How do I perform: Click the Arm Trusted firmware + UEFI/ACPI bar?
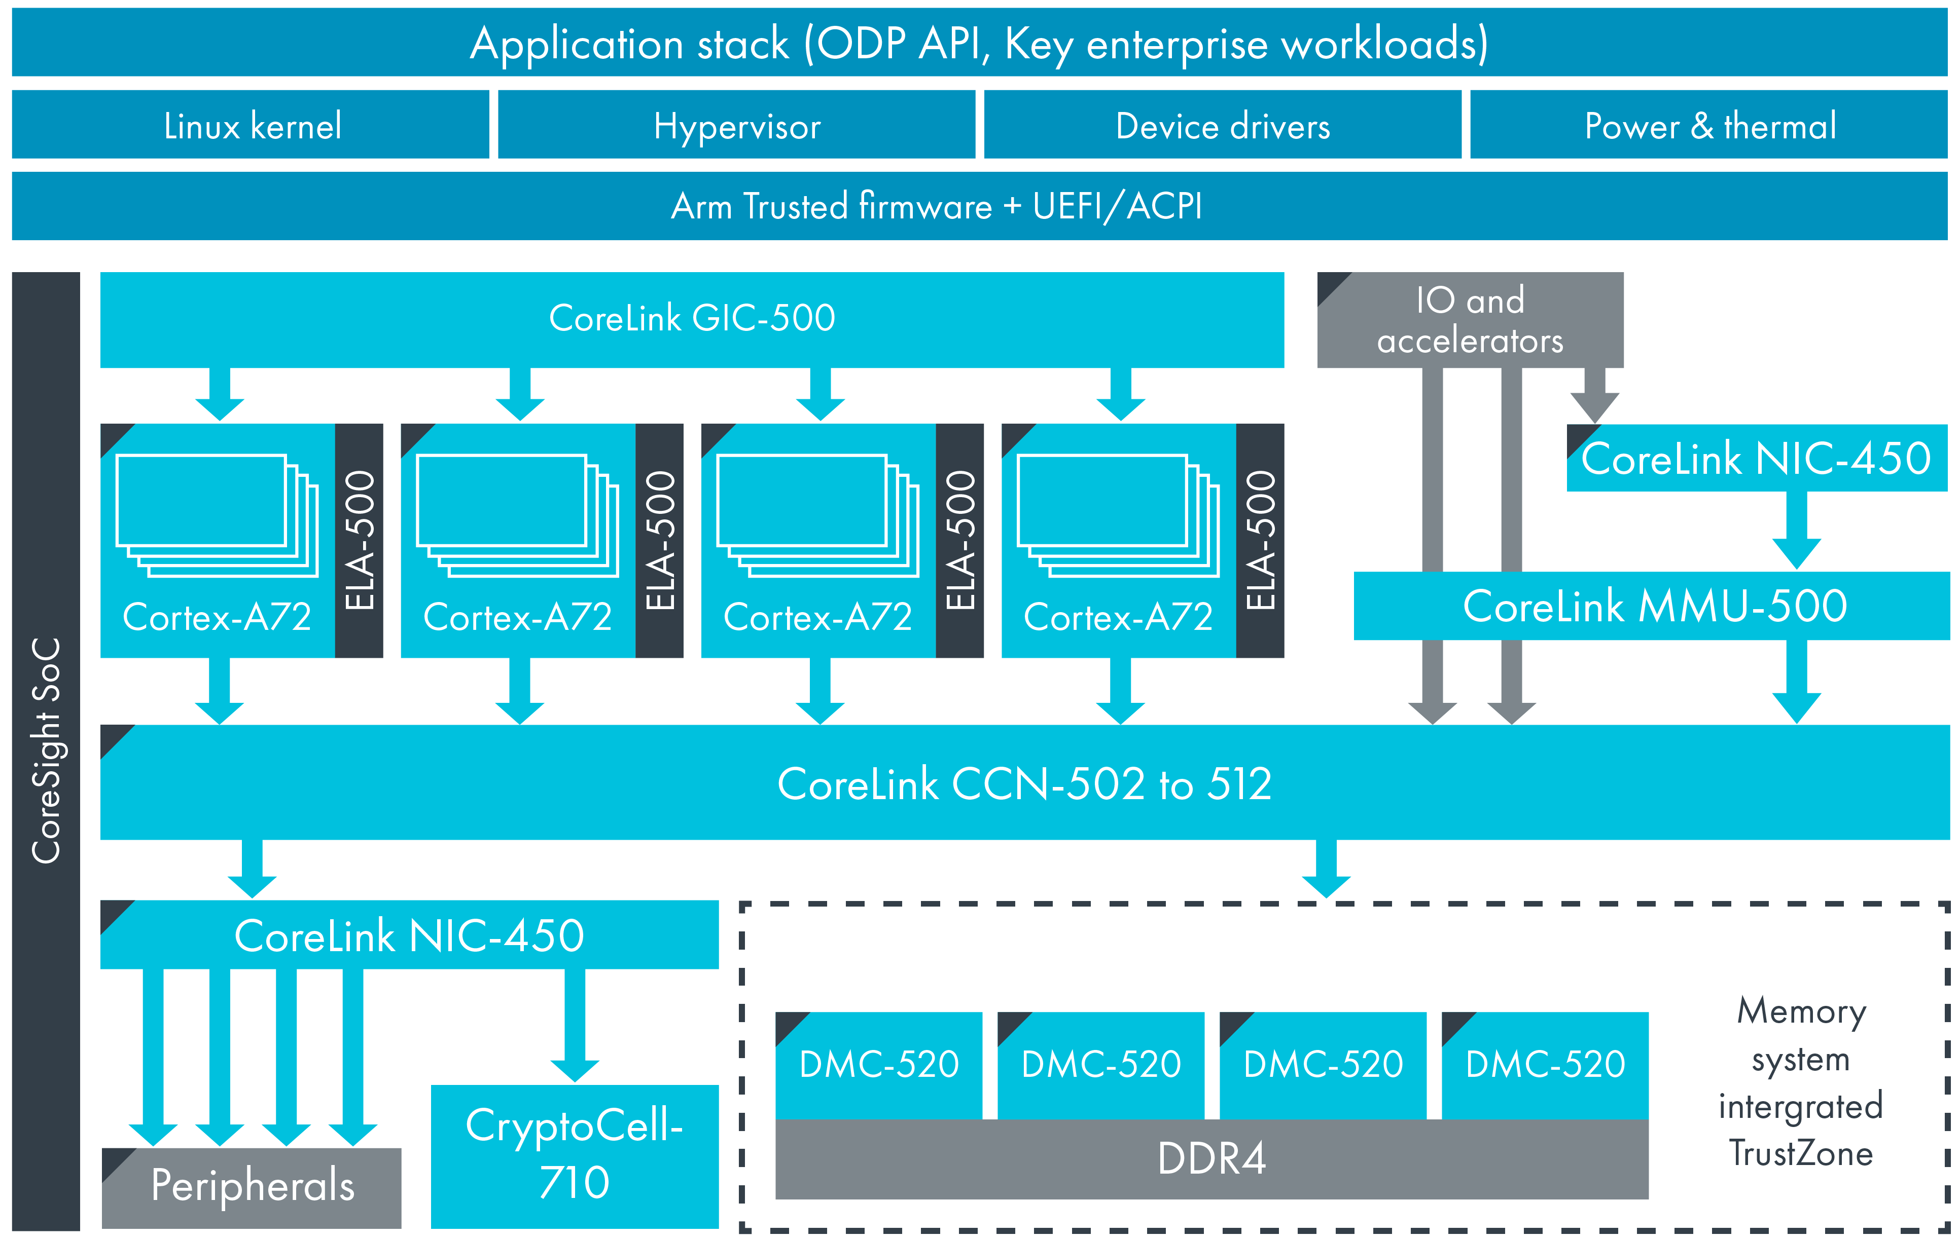936,206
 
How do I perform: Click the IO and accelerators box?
1470,320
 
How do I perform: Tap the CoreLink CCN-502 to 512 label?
1024,783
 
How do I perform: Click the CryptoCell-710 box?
575,1155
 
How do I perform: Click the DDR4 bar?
1211,1158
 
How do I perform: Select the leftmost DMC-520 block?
878,1064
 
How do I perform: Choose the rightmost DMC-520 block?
1544,1064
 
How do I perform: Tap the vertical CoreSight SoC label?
46,750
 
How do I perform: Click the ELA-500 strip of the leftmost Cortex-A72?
359,540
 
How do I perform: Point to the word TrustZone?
1800,1153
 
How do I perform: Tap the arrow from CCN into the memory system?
1326,867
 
